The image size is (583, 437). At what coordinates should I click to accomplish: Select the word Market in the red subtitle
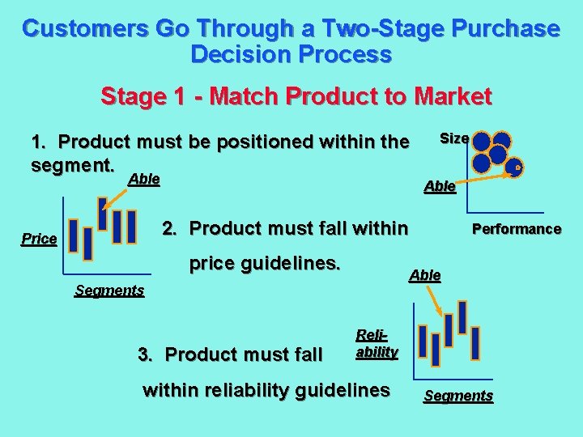pos(452,97)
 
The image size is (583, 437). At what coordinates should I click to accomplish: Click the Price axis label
pos(40,240)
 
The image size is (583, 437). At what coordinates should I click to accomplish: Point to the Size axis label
pos(453,138)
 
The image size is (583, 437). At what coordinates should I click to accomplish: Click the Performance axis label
pos(516,229)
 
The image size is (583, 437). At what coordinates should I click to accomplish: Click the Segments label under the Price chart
pos(109,291)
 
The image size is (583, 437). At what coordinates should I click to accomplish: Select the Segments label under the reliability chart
pos(458,396)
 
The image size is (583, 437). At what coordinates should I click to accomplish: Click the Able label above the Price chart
pos(143,179)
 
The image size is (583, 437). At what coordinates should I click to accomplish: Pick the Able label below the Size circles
pos(440,186)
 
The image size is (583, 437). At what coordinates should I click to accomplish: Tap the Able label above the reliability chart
pos(425,275)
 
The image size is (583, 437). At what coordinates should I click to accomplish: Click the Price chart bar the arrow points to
pos(102,213)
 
